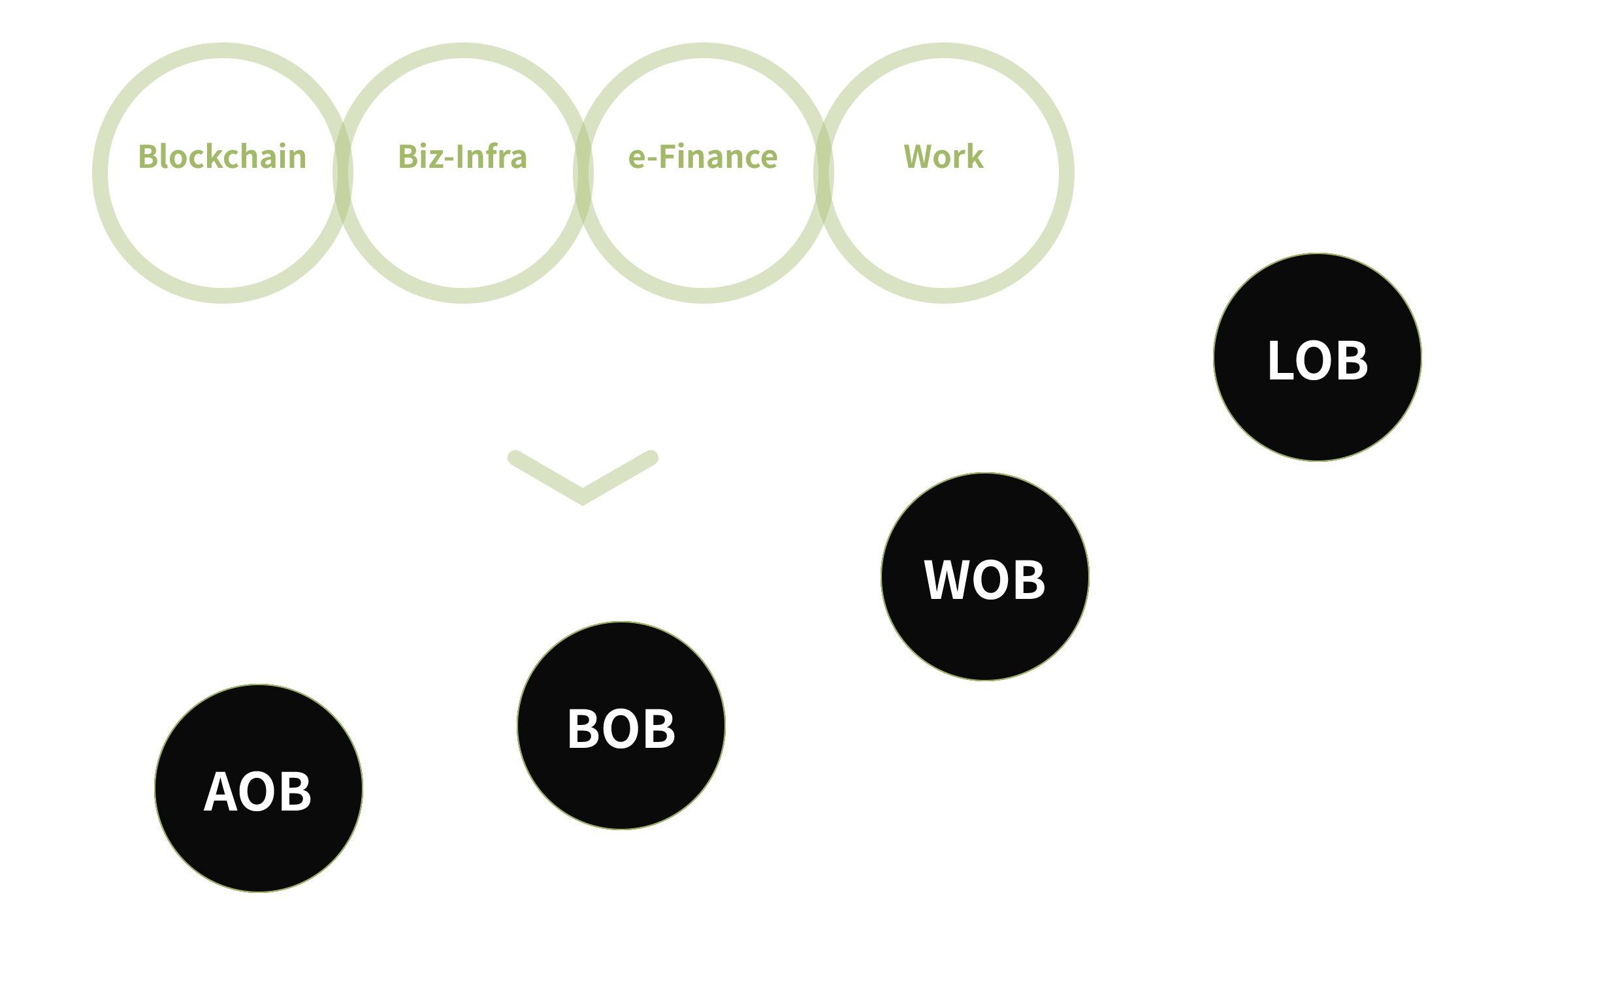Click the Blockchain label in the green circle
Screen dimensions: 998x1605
tap(221, 157)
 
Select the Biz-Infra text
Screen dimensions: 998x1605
tap(462, 157)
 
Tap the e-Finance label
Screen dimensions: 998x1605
tap(702, 157)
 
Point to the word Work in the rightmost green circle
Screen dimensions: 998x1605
tap(943, 157)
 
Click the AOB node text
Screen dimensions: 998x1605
tap(257, 792)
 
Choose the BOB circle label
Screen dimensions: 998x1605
tap(621, 729)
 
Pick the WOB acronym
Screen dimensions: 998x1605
tap(984, 579)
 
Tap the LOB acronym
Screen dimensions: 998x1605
tap(1318, 361)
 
